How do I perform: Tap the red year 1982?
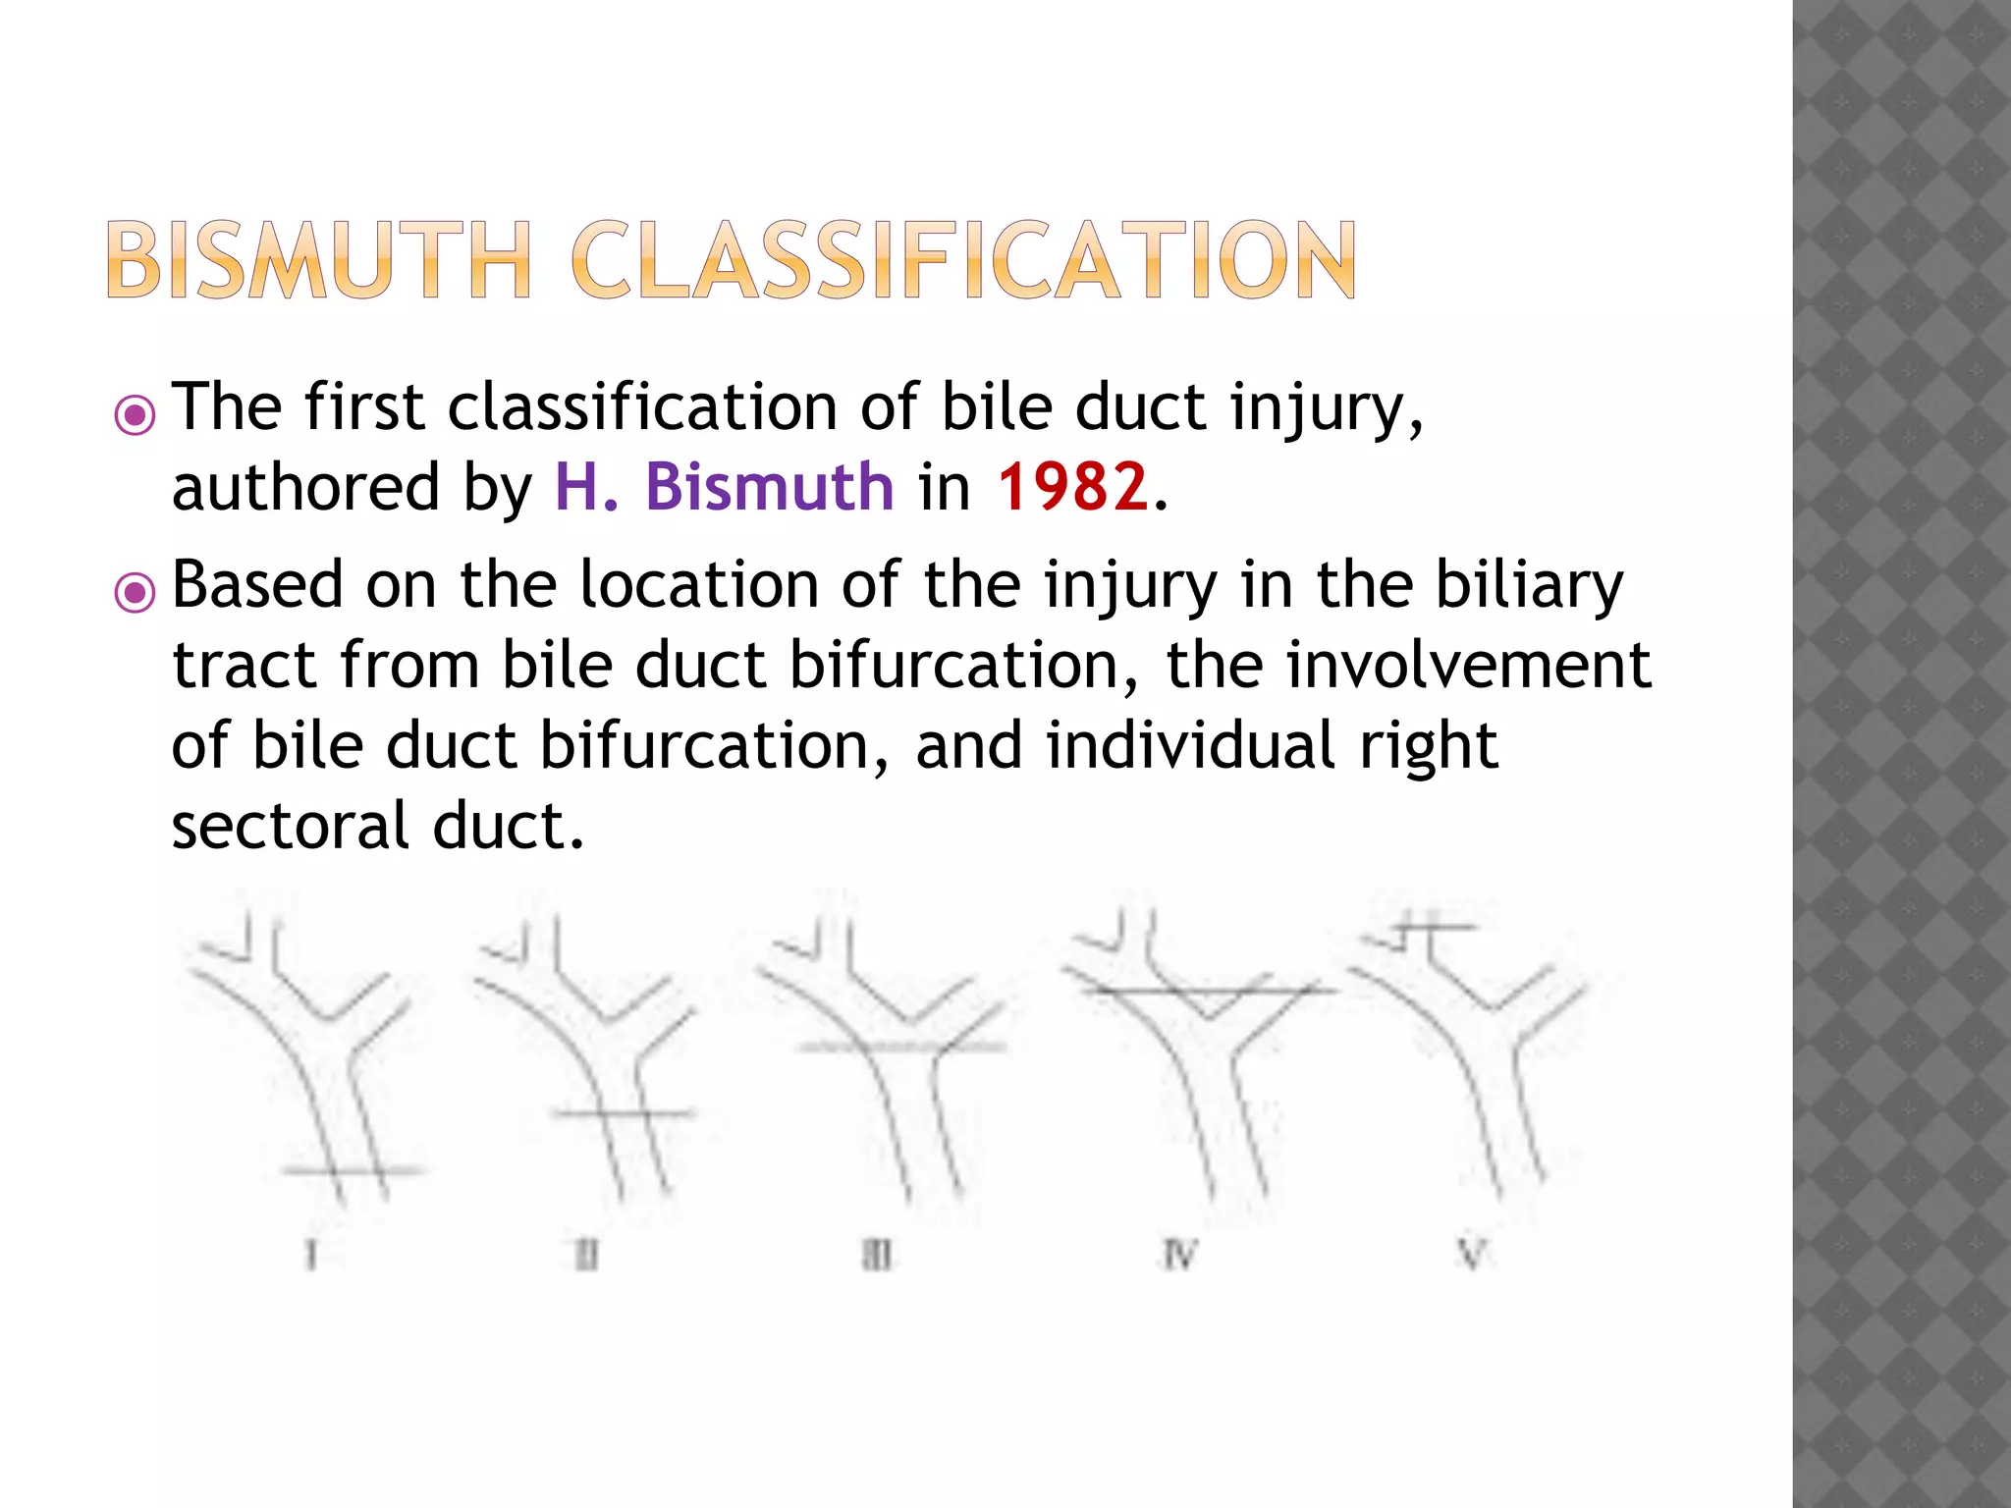point(1072,487)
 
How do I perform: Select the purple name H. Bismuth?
point(725,487)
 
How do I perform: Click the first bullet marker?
point(135,415)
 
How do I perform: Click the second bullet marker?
point(135,593)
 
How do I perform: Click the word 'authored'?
point(305,487)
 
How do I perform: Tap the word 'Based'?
point(257,585)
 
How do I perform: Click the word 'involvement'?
point(1469,666)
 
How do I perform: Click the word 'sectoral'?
point(290,827)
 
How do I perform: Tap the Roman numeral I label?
point(311,1255)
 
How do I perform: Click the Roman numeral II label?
point(586,1255)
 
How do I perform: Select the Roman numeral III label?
point(878,1255)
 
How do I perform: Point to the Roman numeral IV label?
point(1178,1255)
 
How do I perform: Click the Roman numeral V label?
point(1471,1254)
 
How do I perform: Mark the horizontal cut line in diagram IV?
point(1208,992)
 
